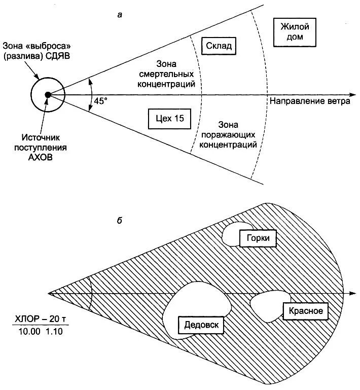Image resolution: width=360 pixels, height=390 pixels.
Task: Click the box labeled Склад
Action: point(219,47)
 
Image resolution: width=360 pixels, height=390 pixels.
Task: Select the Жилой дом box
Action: point(295,32)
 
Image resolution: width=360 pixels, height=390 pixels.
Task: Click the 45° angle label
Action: point(101,100)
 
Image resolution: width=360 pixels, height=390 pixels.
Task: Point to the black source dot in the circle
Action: point(47,94)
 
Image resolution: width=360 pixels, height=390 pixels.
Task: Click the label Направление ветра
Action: point(310,101)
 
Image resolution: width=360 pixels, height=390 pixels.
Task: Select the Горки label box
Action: point(258,238)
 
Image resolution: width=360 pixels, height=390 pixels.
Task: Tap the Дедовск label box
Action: point(201,325)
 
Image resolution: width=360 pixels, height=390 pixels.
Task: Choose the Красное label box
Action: point(306,310)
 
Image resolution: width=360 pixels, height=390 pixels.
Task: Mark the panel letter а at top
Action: point(120,14)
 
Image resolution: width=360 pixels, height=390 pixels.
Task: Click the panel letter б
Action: point(119,221)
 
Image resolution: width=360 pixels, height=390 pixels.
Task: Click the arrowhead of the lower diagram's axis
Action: point(351,294)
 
